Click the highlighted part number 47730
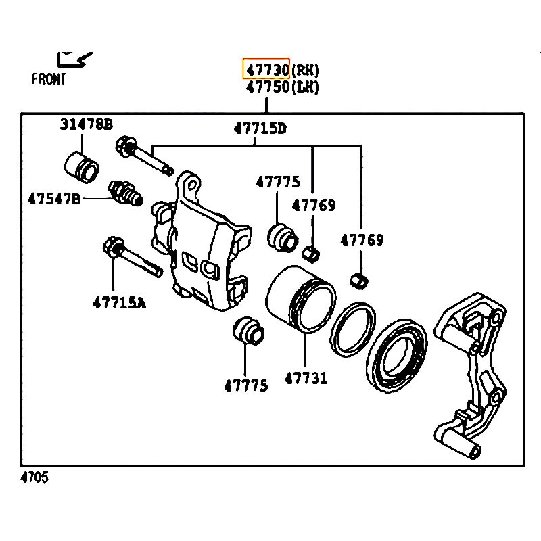pos(267,70)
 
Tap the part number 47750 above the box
pos(267,87)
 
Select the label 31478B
pos(87,124)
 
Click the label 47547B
pos(54,199)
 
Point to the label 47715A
pos(119,303)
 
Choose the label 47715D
pos(260,128)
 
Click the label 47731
pos(306,378)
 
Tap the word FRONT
pos(48,79)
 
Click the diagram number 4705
pos(34,477)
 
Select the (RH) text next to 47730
pos(305,70)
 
